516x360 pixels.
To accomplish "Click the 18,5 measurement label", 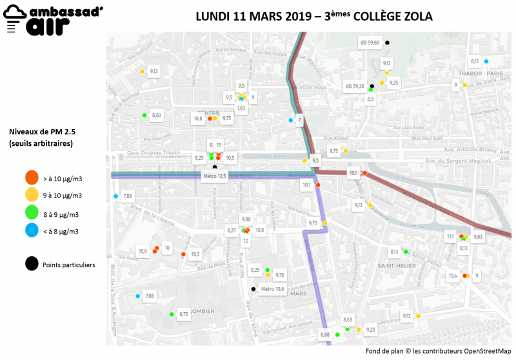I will [x=195, y=254].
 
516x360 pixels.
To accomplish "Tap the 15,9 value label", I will [x=143, y=251].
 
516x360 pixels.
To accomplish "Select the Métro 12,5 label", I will [x=215, y=176].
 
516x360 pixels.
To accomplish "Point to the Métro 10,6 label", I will [x=272, y=289].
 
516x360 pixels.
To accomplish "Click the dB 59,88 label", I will [x=369, y=43].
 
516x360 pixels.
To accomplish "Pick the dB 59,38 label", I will [x=355, y=86].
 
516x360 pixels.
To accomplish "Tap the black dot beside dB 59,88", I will [x=387, y=43].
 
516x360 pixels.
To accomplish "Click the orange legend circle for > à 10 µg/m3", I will [x=31, y=177].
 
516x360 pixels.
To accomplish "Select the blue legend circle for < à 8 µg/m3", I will [x=31, y=231].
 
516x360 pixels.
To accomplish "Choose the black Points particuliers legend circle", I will [x=31, y=264].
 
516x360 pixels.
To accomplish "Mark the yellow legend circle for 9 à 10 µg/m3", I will [x=31, y=195].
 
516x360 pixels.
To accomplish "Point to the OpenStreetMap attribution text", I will [x=438, y=351].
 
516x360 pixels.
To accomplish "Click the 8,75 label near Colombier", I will [x=184, y=314].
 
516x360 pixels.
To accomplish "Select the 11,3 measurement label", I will [x=450, y=236].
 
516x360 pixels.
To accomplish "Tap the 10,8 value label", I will [x=260, y=230].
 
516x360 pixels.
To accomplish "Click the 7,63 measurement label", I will [x=241, y=108].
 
